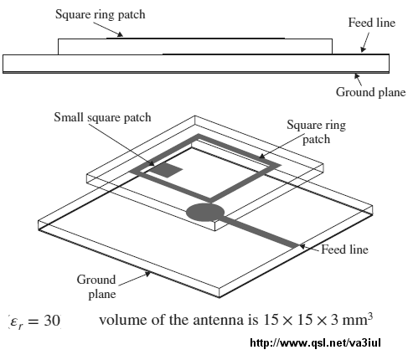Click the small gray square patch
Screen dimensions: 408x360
pos(167,170)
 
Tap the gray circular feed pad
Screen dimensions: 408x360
pos(205,213)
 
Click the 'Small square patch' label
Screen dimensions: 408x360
pos(102,117)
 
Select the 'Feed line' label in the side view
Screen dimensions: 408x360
pos(372,23)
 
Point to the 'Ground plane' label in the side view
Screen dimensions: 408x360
pos(370,92)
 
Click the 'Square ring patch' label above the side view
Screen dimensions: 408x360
pos(101,14)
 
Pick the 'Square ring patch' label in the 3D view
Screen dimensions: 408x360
pos(317,131)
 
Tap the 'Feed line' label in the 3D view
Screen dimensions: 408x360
pos(344,249)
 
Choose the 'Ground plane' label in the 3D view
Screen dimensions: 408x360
pos(96,286)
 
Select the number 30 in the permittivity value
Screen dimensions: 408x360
pos(52,320)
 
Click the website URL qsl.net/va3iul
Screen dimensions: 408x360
pos(315,342)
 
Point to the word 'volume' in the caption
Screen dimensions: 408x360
pos(123,320)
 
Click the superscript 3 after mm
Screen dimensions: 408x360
pos(370,316)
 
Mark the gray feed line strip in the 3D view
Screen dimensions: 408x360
pos(260,234)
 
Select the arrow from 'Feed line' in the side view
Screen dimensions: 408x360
pos(365,42)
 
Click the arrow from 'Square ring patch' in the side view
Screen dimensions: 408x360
pos(108,29)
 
